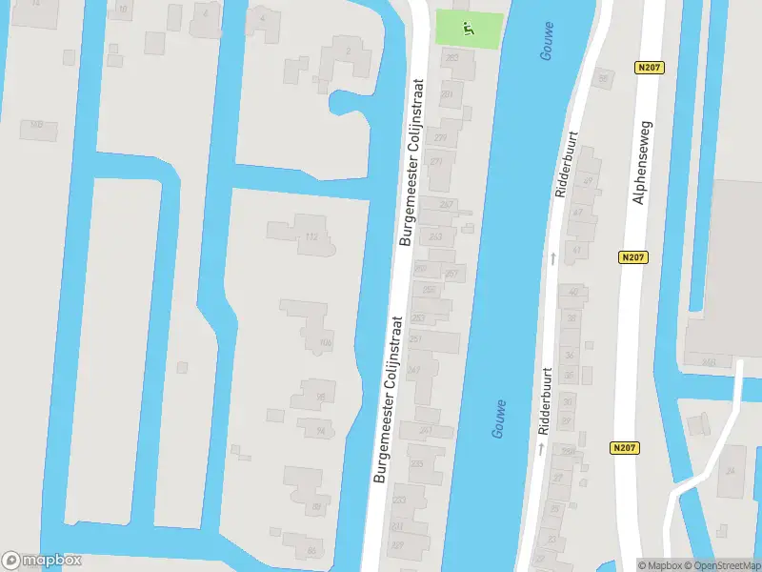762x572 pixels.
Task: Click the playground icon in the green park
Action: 468,30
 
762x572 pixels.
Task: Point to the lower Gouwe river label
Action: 499,419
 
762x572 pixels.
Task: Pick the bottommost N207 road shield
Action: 624,447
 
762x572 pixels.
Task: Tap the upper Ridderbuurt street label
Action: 566,165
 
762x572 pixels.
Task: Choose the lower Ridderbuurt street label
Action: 545,401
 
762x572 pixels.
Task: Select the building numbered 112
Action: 311,235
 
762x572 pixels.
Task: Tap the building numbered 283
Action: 451,59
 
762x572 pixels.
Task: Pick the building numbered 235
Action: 417,463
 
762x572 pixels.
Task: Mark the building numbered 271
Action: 436,162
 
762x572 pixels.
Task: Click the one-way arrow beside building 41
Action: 552,257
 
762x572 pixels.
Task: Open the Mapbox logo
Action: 41,561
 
